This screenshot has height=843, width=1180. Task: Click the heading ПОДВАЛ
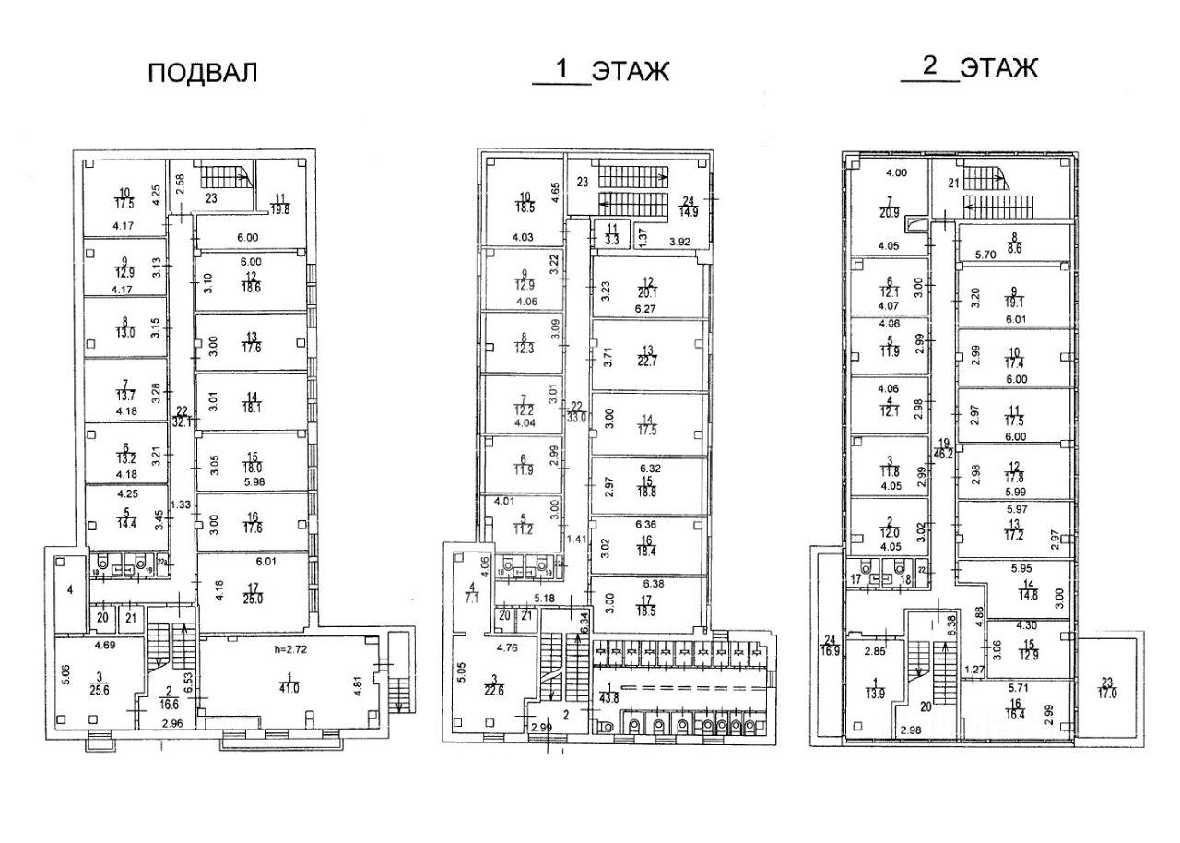[203, 74]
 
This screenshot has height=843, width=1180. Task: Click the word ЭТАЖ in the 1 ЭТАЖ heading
[630, 72]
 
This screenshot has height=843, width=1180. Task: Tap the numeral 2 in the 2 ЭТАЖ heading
[929, 66]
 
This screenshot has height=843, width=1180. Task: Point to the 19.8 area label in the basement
[280, 208]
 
